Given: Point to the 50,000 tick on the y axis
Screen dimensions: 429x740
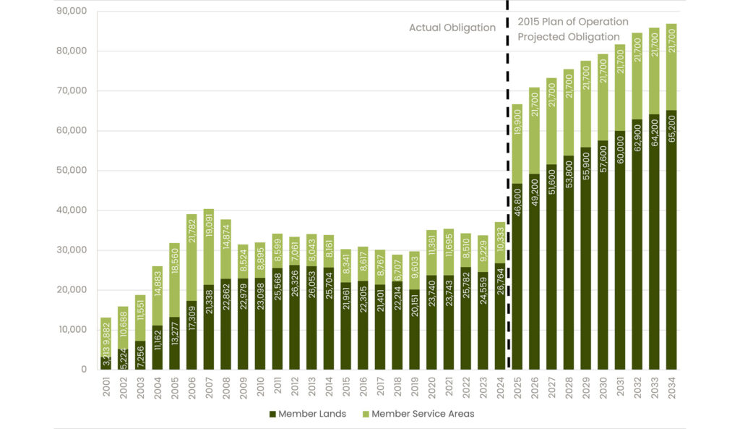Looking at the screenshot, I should [72, 171].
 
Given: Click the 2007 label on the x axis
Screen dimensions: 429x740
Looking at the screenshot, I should [210, 388].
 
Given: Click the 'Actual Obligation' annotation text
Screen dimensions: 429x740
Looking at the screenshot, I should [452, 28].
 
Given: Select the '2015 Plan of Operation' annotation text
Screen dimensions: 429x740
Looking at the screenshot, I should [572, 22].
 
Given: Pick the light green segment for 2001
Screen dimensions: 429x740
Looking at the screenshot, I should [106, 336].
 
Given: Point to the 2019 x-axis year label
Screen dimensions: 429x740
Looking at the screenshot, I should [414, 388].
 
